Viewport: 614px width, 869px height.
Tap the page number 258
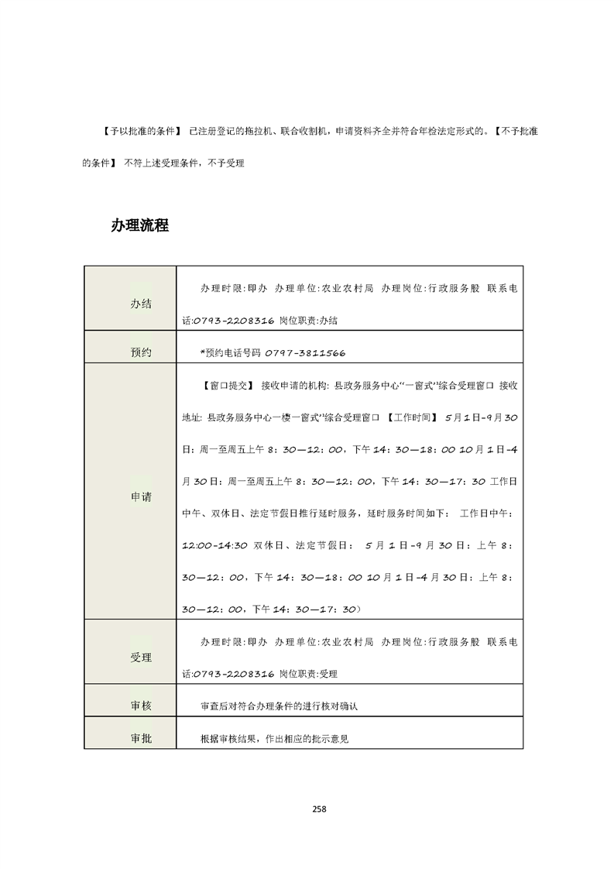(319, 809)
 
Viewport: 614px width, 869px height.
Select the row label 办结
(141, 304)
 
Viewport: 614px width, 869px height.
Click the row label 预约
(141, 352)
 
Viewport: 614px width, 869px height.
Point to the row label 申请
(141, 496)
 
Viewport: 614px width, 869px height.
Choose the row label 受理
(141, 657)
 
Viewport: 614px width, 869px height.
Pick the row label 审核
(141, 706)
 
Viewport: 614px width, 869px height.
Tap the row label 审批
(141, 738)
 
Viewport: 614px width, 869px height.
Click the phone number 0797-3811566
(304, 352)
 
